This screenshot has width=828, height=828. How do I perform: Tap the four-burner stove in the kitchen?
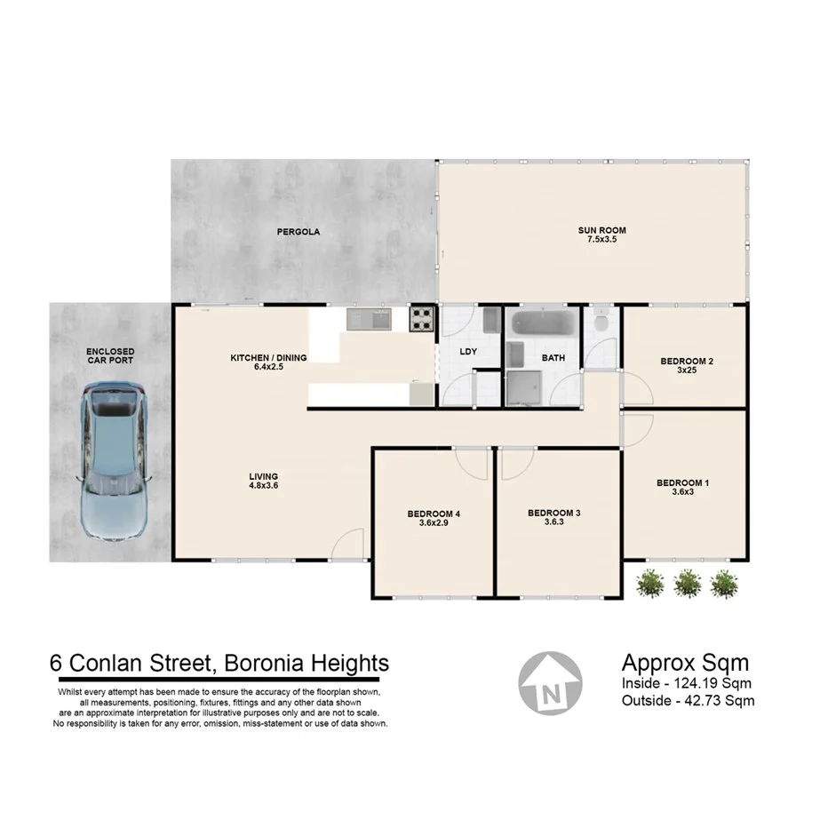click(421, 318)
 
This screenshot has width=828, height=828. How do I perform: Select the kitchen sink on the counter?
click(369, 318)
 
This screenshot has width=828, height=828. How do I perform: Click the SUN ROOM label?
click(595, 230)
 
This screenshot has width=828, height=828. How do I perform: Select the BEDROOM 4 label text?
click(434, 514)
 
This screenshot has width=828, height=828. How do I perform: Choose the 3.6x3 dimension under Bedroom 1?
click(682, 493)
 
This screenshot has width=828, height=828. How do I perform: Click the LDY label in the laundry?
click(468, 352)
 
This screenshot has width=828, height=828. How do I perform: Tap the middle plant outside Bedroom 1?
click(687, 583)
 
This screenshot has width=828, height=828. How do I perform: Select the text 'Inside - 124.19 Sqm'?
click(688, 683)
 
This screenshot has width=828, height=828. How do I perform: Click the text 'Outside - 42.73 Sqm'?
click(688, 700)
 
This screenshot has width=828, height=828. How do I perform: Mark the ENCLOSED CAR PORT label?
click(110, 357)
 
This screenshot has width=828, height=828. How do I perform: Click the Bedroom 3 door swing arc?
click(517, 463)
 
